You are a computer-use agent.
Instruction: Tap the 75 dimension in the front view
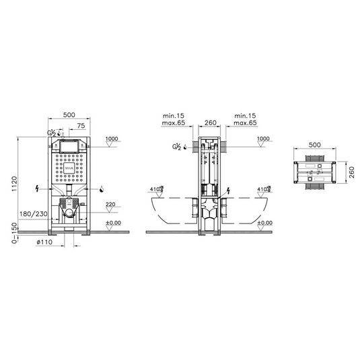81,126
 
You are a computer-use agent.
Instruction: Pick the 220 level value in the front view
111,205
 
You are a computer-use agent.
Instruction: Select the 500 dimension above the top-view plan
314,145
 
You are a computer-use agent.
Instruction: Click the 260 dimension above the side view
209,122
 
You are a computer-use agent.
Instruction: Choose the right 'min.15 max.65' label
245,119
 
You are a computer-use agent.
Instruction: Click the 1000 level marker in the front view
112,139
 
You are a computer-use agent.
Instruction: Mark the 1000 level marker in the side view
264,139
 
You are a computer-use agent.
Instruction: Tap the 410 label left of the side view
153,190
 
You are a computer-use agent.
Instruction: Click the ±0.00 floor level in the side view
264,223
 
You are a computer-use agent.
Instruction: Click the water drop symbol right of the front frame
101,188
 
